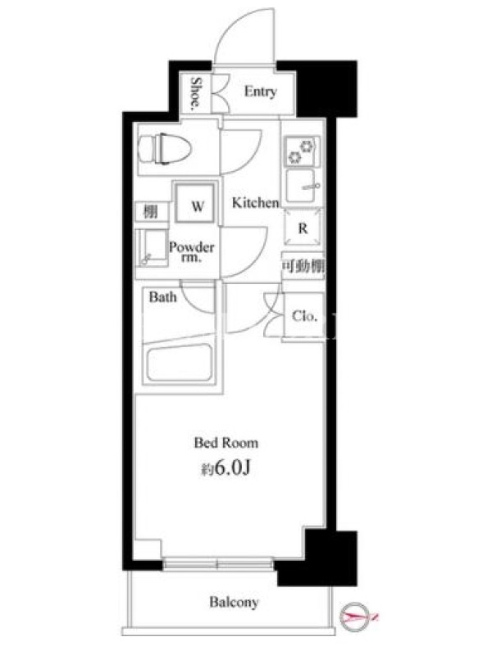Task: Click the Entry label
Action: [x=260, y=92]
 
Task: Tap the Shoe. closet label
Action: [x=195, y=93]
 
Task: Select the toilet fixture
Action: [x=165, y=149]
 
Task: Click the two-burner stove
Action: [x=302, y=151]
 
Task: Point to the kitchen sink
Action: [x=302, y=187]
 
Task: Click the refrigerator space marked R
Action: [x=303, y=228]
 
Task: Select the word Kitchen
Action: [x=255, y=203]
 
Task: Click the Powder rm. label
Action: [x=192, y=251]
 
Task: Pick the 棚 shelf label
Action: [x=151, y=212]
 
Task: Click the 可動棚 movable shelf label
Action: [x=303, y=264]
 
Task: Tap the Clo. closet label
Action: [x=304, y=316]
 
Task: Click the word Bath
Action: [x=162, y=297]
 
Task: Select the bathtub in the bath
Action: [x=180, y=362]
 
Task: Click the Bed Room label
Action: [x=226, y=443]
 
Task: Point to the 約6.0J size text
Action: [x=226, y=468]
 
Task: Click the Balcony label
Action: [x=234, y=603]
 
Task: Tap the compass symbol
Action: [x=356, y=617]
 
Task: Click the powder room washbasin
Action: [x=152, y=247]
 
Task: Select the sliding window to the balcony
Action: [x=217, y=565]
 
